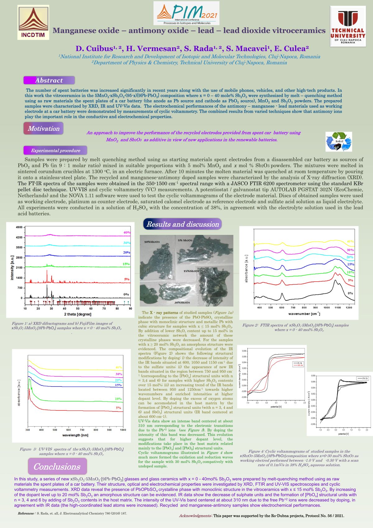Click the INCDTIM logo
34,22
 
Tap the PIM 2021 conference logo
186,13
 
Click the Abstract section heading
49,80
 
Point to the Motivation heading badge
44,128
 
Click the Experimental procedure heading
55,151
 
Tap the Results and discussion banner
182,224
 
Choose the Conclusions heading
57,466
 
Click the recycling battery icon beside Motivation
339,142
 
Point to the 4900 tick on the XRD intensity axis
19,227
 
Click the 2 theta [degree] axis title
78,314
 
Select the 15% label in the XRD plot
126,264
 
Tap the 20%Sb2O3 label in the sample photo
182,302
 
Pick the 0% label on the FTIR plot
350,293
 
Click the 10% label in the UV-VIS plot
118,399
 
